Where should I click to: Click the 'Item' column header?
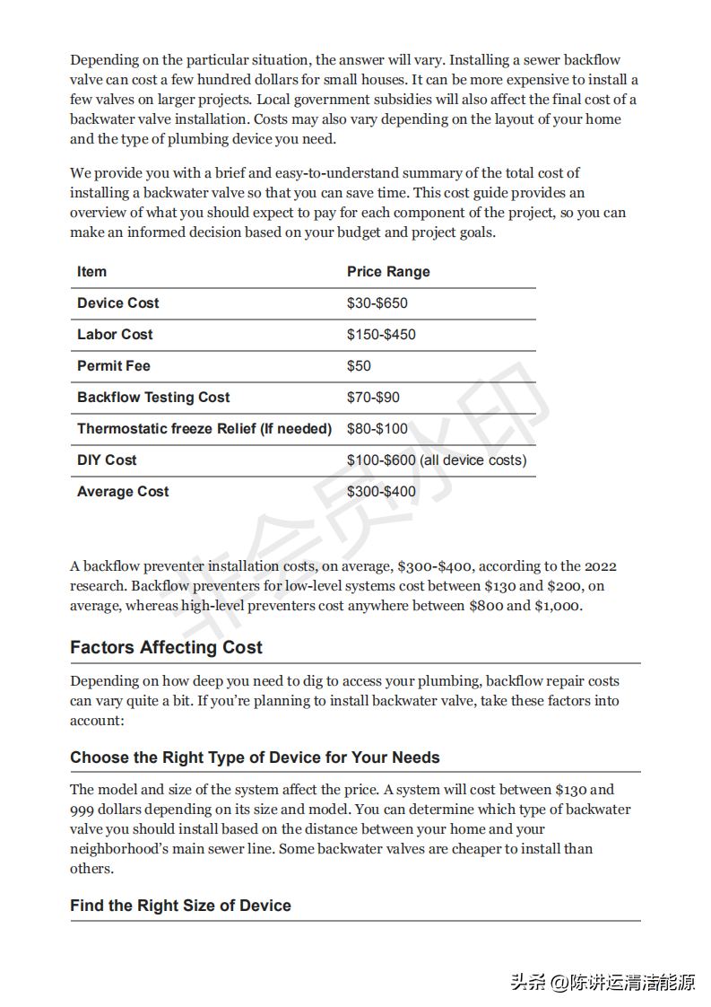pos(91,272)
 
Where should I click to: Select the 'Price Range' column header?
pos(388,272)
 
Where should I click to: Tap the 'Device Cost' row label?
pos(118,303)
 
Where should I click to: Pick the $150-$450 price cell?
pos(381,335)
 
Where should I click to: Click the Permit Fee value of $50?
pos(359,366)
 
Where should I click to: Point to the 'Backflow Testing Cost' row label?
pos(153,398)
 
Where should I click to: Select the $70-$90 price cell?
pos(373,398)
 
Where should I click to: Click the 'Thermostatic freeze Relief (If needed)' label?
pos(204,429)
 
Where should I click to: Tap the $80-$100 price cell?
pos(377,429)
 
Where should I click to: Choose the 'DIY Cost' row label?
pos(107,460)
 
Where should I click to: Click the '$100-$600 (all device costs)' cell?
pos(437,460)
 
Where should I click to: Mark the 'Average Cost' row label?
pos(123,492)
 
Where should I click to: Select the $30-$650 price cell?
pos(377,303)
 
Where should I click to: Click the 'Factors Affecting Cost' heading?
pos(166,648)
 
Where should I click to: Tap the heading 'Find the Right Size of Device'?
pos(180,906)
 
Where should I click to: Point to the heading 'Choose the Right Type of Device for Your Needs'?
pos(255,757)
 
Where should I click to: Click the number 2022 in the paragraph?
pos(600,566)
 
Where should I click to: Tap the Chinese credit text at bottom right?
pos(603,982)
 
